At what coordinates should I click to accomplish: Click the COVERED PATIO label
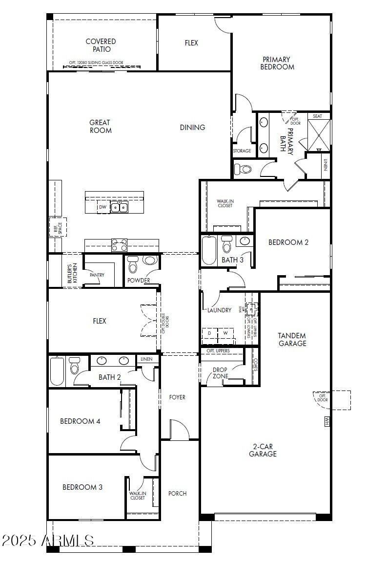tap(101, 45)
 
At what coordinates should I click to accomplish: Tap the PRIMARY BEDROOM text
tap(277, 63)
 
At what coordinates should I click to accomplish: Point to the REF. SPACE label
tap(58, 227)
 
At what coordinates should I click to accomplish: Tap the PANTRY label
tap(97, 275)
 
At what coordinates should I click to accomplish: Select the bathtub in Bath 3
tap(209, 251)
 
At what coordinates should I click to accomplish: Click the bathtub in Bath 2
tap(57, 371)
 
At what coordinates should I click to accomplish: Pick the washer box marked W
tap(225, 333)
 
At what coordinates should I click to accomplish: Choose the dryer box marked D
tap(209, 333)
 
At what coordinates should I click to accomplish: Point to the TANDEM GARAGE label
tap(292, 339)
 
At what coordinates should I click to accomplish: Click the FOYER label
tap(177, 397)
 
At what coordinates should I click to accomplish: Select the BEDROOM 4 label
tap(80, 421)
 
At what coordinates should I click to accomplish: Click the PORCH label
tap(178, 493)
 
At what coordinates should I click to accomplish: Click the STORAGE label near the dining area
tap(242, 151)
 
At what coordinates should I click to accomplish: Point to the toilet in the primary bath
tap(243, 169)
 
